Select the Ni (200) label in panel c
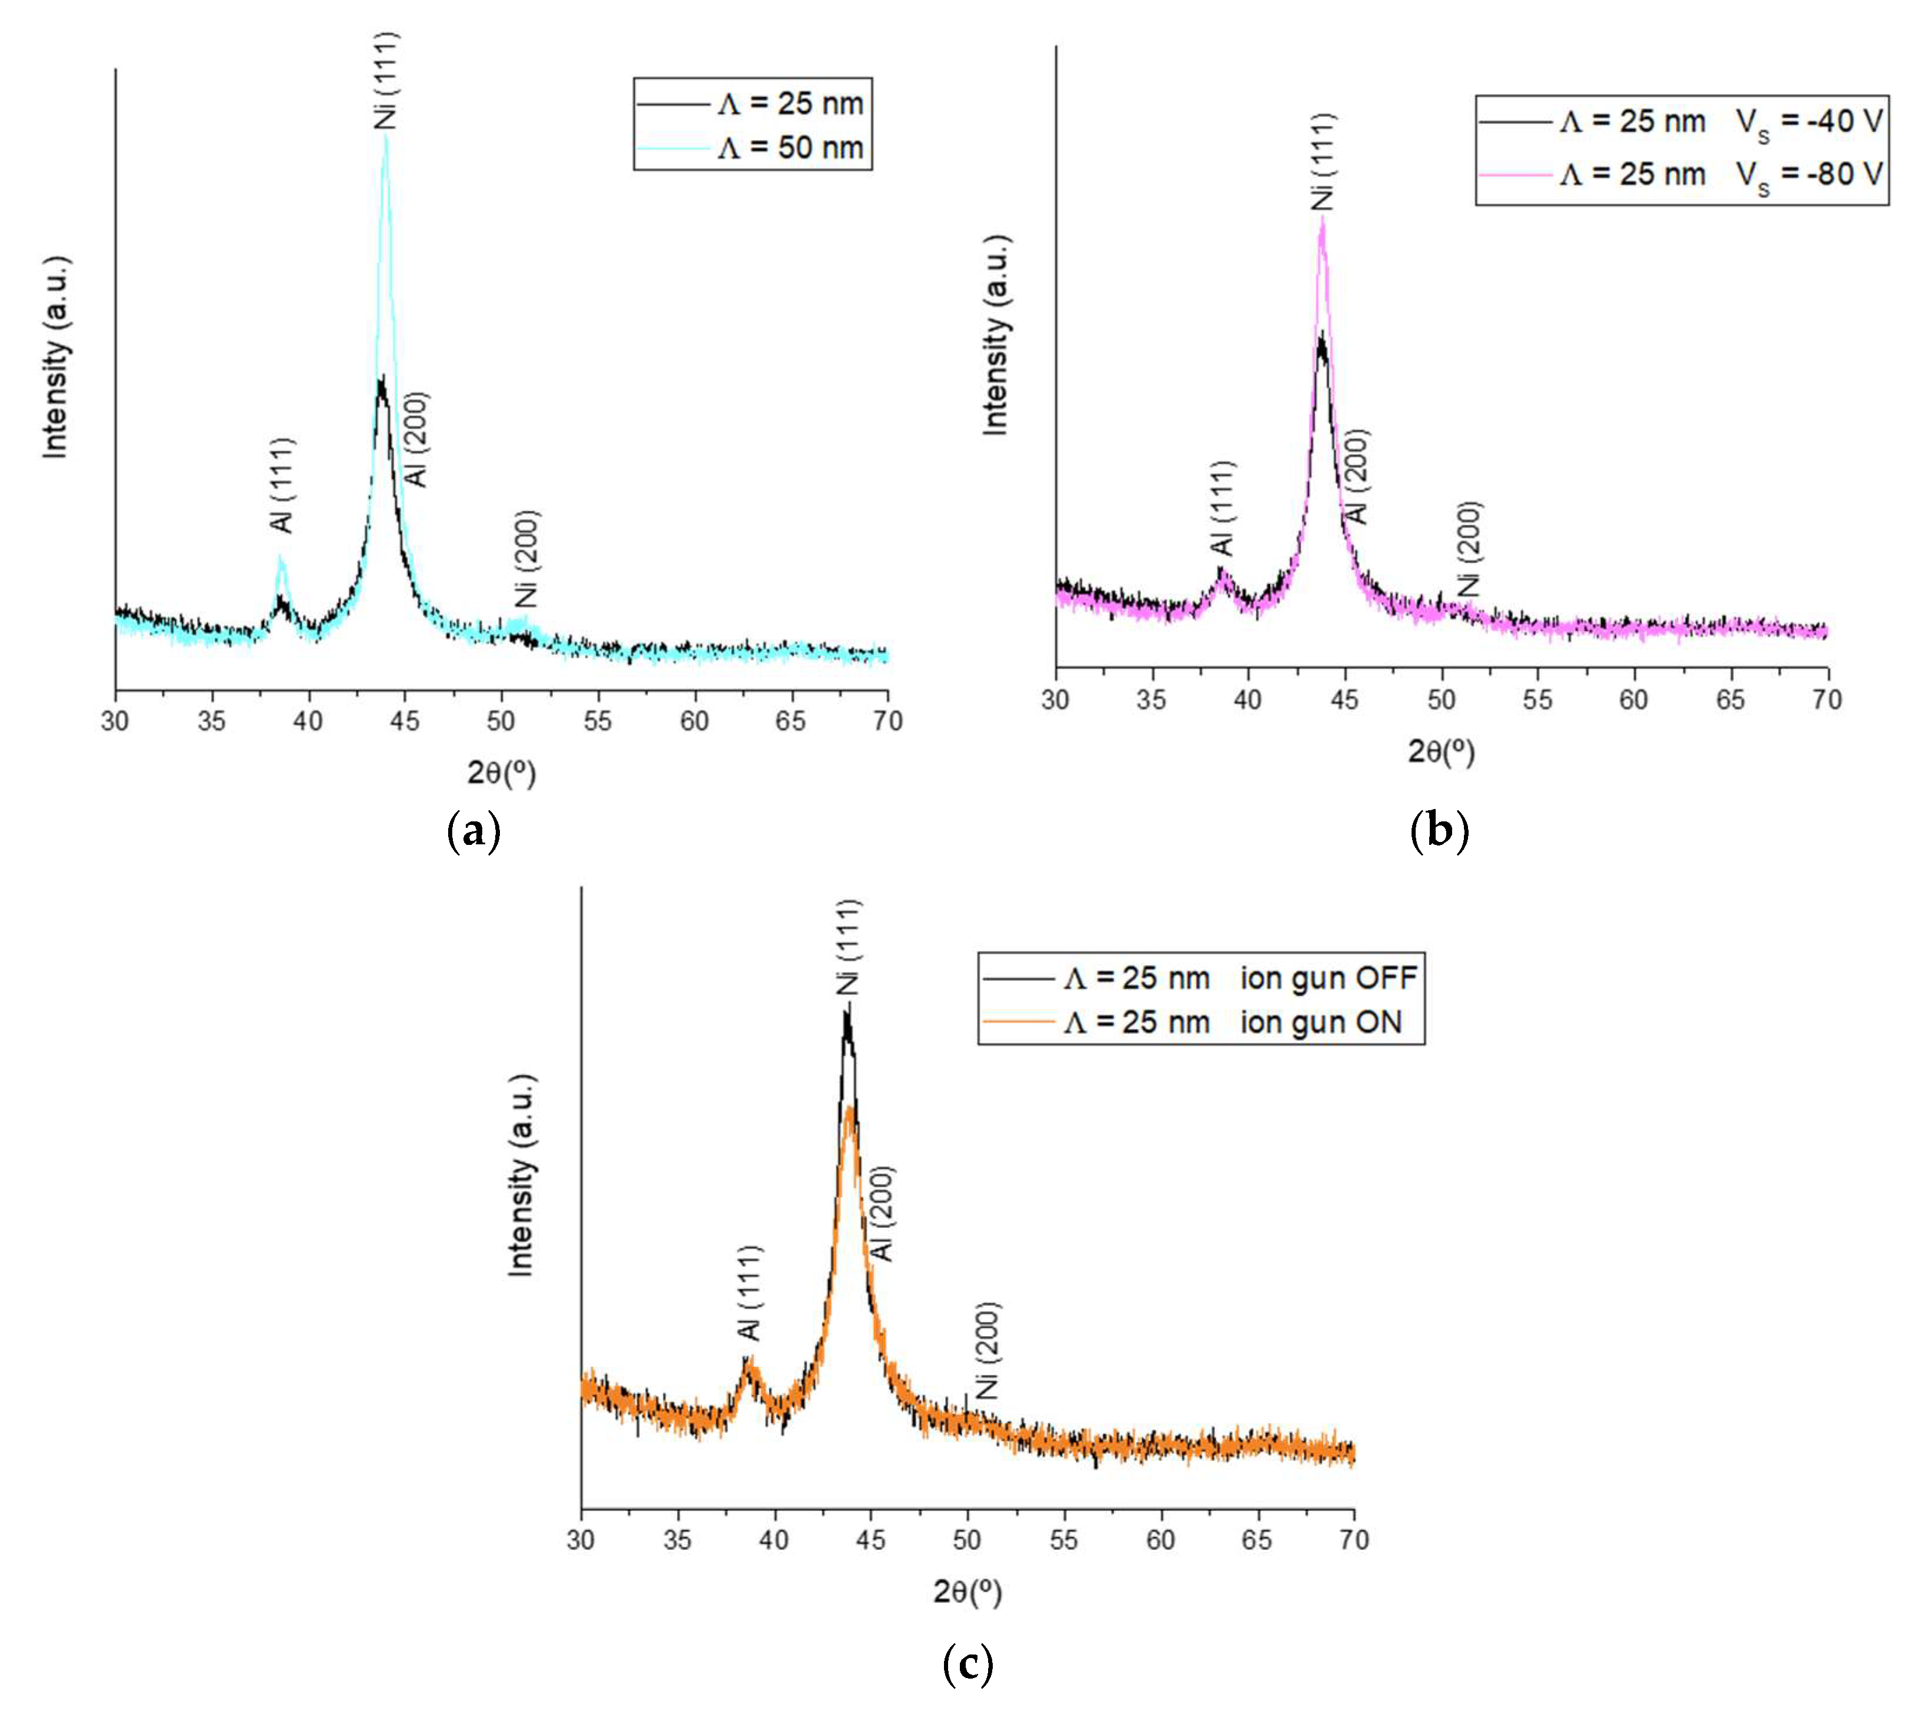pyautogui.click(x=987, y=1350)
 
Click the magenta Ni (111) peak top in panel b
pyautogui.click(x=1322, y=219)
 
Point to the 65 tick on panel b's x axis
pyautogui.click(x=1730, y=699)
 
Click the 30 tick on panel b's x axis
pyautogui.click(x=1056, y=699)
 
